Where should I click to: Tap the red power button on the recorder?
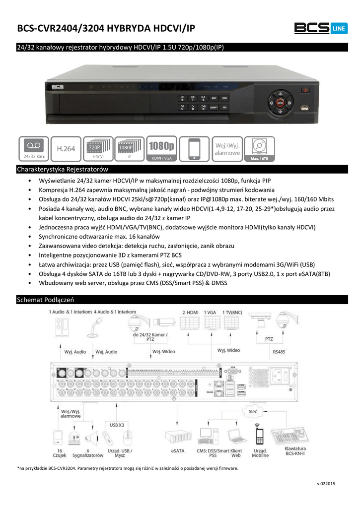[305, 90]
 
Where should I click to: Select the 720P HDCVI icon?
[98, 149]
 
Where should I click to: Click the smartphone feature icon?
[195, 149]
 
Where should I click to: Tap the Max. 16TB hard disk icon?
[259, 149]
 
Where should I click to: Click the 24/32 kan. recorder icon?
[34, 149]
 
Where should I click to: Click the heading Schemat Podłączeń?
[45, 300]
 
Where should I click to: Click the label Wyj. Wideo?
[228, 350]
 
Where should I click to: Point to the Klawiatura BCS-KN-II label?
[295, 451]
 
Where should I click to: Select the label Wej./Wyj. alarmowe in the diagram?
[71, 414]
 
